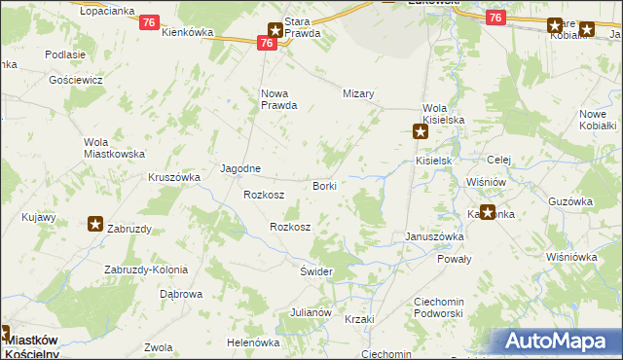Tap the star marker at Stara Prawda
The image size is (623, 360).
[275, 31]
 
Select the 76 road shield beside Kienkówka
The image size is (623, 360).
[149, 21]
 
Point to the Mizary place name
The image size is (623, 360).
[359, 94]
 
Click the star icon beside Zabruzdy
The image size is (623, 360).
[95, 225]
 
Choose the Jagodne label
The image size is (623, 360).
[239, 168]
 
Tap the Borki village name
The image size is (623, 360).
[324, 185]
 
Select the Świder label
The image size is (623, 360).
[317, 271]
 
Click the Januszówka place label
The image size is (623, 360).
[434, 236]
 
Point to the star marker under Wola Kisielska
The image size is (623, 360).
[421, 131]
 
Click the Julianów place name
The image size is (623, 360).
[311, 313]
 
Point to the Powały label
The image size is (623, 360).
[455, 259]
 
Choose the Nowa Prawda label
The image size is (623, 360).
[278, 100]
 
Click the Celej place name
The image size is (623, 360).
[499, 161]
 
